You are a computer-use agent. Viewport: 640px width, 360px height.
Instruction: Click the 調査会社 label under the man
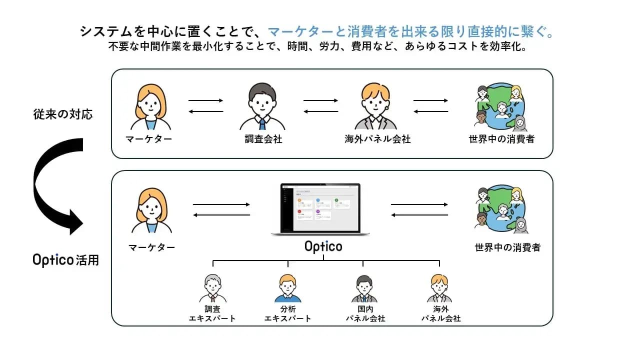[x=263, y=139]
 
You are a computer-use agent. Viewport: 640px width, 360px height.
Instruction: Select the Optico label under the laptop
[x=323, y=246]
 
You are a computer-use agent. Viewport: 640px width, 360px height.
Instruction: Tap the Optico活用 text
[x=65, y=260]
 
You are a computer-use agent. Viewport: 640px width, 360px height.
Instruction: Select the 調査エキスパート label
[x=212, y=314]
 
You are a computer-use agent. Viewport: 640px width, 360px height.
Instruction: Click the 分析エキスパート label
[x=287, y=314]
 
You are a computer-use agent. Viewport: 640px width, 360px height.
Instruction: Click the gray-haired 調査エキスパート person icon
[x=212, y=288]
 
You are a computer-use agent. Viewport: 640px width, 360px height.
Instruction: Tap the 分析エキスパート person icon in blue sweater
[x=287, y=288]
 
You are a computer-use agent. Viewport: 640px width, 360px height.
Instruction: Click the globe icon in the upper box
[x=500, y=108]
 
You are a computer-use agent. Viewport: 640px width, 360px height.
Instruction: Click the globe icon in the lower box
[x=500, y=209]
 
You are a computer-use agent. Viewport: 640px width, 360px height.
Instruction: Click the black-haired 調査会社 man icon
[x=263, y=107]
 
